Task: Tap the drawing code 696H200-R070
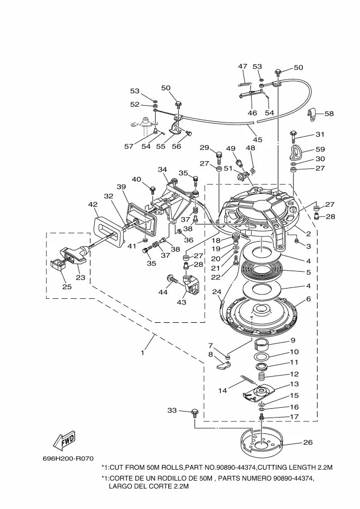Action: tap(68, 459)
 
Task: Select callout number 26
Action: tap(308, 442)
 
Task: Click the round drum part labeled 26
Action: tap(261, 442)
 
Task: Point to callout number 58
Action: tap(329, 114)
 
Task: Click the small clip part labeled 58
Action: tap(312, 114)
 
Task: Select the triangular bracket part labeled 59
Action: tap(297, 151)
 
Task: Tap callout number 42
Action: tap(93, 205)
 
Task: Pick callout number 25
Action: tap(67, 287)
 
